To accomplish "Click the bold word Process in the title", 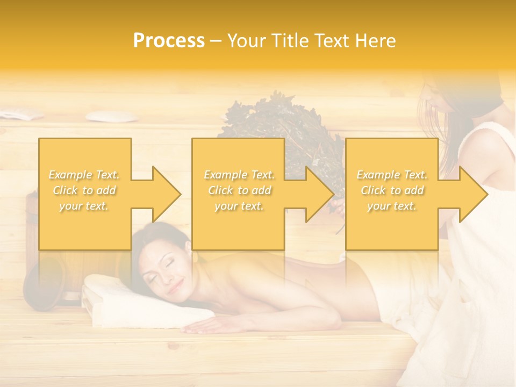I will (x=169, y=41).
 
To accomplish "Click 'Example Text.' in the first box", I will (x=84, y=175).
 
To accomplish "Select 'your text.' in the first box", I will (x=84, y=206).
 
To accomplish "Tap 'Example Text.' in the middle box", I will (x=239, y=175).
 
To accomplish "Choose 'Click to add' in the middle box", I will (x=239, y=190).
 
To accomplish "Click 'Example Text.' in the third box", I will (x=392, y=175).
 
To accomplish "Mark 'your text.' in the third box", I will (x=392, y=206).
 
